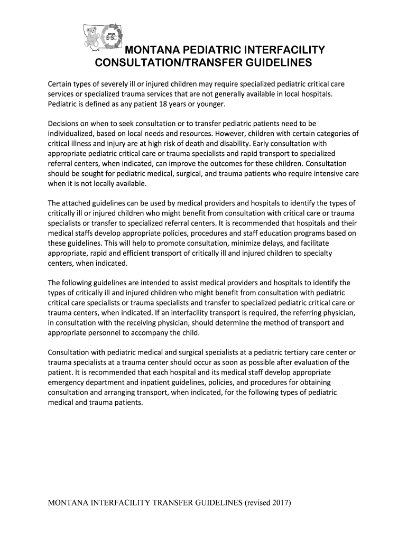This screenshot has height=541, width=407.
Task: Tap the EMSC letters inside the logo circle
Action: [x=111, y=38]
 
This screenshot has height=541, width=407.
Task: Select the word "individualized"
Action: [x=70, y=133]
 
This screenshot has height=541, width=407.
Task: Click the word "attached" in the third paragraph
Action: [x=78, y=203]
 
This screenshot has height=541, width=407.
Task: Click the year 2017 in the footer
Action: [x=280, y=502]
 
